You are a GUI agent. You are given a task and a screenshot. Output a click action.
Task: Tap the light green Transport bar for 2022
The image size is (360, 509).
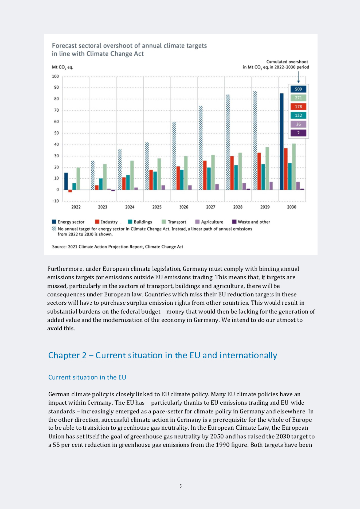coord(78,178)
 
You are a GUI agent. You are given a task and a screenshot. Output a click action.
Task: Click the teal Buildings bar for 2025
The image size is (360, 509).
coord(155,181)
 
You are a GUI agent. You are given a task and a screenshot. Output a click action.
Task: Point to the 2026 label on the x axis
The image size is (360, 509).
coord(183,206)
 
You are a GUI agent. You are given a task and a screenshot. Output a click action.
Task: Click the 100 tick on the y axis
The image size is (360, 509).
coord(55,77)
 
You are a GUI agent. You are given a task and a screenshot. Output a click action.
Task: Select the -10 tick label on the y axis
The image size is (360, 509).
coord(55,201)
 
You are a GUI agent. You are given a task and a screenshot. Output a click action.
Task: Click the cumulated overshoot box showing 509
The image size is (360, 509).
coord(298,89)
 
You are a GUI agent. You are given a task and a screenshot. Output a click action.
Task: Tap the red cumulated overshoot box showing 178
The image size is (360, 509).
coord(298,107)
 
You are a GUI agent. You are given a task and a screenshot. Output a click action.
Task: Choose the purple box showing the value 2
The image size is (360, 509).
coord(298,133)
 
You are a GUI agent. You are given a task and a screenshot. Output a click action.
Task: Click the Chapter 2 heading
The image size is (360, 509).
coord(162,355)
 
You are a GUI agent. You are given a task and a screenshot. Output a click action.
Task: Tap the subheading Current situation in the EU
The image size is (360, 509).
coord(87,377)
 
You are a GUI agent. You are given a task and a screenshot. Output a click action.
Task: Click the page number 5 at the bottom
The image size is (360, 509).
coord(180,486)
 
